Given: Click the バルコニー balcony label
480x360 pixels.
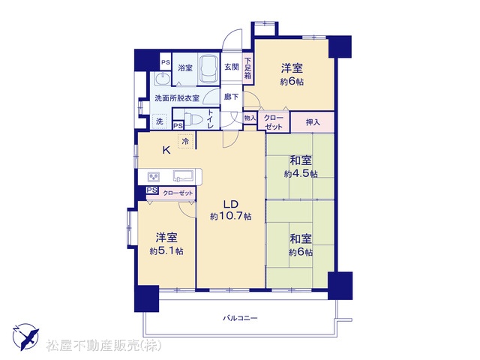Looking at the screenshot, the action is coord(240,318).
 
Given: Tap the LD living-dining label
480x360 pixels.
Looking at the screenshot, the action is coord(230,204).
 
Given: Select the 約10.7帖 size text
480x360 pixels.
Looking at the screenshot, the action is coord(231,217).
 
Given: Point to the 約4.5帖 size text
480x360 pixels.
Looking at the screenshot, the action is coord(301,174).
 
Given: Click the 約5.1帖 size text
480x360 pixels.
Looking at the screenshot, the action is coord(166,251).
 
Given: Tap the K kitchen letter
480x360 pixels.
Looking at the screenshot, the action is coord(166,150).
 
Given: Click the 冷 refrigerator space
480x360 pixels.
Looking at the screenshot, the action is coord(185,142).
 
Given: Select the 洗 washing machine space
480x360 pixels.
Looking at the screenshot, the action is coord(160,121).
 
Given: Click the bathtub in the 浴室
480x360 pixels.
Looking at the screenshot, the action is coord(208,70).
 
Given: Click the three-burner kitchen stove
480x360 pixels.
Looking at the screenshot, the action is coord(154,177).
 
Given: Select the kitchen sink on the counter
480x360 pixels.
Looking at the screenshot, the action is coord(183,176).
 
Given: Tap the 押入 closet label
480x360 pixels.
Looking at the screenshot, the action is coord(313,122).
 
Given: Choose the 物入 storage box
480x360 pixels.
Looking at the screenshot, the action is coord(250,118).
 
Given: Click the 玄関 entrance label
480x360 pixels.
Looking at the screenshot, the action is coord(232,67).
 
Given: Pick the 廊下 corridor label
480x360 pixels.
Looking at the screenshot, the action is coord(232,97).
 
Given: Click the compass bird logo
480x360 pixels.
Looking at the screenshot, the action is coord(26,337).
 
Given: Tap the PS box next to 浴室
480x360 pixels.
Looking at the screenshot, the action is coord(166,62).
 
